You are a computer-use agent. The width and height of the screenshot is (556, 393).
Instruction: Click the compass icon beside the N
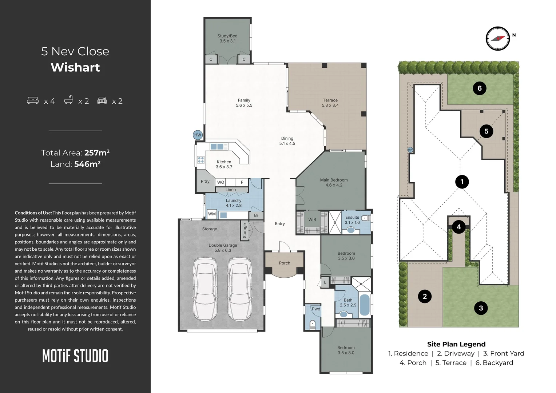498,39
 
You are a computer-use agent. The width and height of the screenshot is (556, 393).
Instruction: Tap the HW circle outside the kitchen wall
198,135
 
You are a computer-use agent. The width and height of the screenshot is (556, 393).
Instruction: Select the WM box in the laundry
212,214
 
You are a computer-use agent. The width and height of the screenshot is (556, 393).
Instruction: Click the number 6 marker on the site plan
479,88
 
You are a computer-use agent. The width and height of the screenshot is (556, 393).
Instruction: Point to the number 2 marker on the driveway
425,296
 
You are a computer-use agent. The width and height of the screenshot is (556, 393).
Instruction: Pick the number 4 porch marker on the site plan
459,227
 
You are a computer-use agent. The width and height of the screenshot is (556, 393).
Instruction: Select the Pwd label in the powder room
316,309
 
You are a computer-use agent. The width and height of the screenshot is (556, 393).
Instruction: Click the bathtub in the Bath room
364,305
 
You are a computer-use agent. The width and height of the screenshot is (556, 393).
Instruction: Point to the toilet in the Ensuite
366,218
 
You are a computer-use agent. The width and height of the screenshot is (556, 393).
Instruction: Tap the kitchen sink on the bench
217,147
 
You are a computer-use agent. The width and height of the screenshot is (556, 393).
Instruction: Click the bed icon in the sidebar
33,100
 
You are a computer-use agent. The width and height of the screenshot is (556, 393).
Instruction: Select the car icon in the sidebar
102,100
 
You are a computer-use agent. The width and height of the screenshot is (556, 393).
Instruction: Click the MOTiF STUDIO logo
75,356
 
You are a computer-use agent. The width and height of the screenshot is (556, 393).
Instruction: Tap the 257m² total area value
97,152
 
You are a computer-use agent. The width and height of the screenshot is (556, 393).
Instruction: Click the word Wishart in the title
75,68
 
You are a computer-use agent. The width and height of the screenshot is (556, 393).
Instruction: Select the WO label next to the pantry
221,182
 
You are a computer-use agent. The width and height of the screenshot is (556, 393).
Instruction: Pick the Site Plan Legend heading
456,344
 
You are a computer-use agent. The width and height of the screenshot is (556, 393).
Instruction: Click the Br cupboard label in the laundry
256,215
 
